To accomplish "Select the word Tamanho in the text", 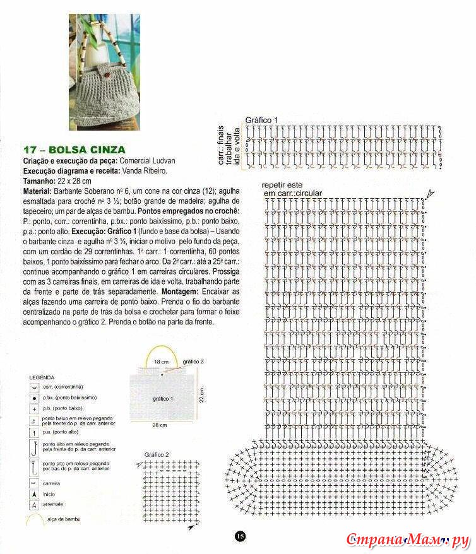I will point(39,180).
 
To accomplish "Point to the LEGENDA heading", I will point(41,377).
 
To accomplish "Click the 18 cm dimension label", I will point(161,362).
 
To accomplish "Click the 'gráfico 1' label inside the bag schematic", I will point(162,399).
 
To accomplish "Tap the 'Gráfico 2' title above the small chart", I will point(157,454).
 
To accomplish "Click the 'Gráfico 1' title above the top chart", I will point(261,119).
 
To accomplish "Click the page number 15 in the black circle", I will point(240,536).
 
